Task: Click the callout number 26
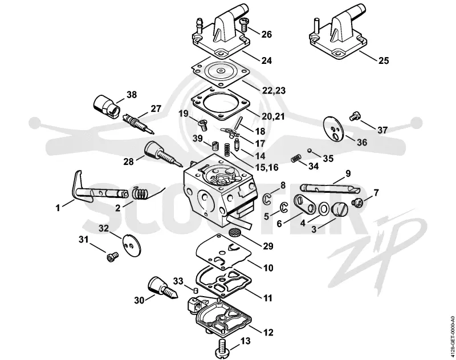coord(266,34)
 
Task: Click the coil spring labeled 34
coord(295,159)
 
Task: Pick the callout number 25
coord(383,60)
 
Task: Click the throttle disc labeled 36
coord(334,129)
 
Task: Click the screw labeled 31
coord(112,257)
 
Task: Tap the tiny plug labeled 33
coord(196,290)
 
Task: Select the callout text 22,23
coord(274,90)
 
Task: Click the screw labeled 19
coord(202,125)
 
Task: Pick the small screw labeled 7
coord(357,202)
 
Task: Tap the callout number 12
coord(268,332)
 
